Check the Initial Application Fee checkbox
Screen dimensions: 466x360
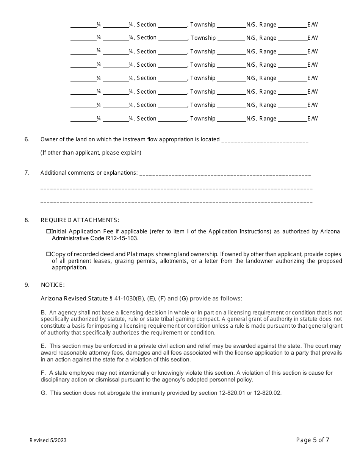click(49, 231)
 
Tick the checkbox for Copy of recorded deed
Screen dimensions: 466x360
click(49, 254)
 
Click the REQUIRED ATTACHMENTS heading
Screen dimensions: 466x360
click(80, 220)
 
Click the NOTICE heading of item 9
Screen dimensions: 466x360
click(53, 285)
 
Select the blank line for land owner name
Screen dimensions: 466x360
click(265, 140)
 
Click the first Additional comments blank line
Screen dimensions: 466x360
click(225, 174)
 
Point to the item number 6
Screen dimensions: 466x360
click(27, 139)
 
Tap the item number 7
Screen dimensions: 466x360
click(27, 173)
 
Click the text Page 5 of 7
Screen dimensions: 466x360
click(312, 440)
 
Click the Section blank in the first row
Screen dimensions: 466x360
click(173, 25)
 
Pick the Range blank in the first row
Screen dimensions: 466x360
click(292, 25)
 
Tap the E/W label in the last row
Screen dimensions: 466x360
click(313, 119)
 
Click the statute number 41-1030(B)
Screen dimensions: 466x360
click(129, 299)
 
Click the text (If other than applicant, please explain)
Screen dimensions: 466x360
click(91, 153)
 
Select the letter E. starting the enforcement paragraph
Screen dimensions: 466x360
click(43, 346)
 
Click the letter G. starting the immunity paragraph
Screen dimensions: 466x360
click(44, 393)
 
